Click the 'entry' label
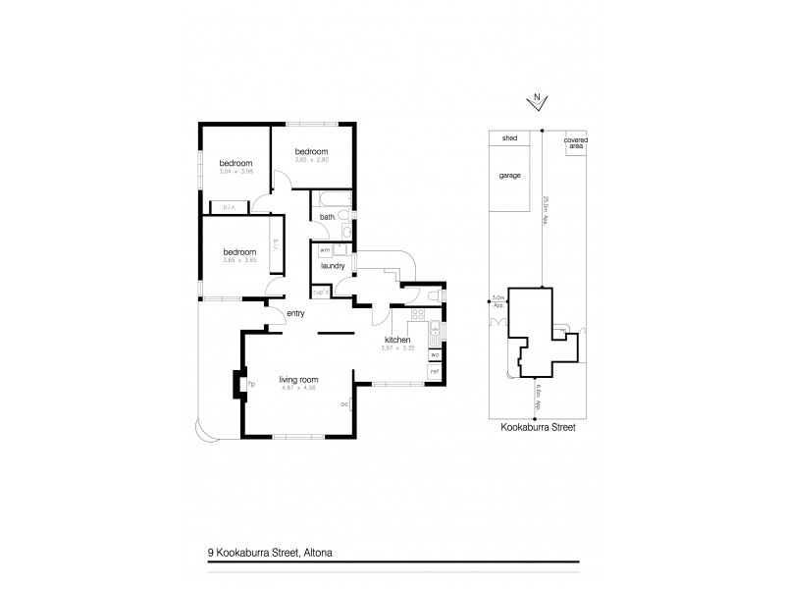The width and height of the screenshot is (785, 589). tap(295, 313)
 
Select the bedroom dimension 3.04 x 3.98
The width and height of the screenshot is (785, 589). tap(235, 173)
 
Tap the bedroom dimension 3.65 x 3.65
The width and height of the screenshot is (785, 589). tap(239, 260)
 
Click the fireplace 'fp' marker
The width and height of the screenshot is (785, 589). tap(252, 384)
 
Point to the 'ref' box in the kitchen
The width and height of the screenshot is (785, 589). tap(434, 372)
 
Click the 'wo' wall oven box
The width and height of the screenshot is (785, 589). tap(434, 354)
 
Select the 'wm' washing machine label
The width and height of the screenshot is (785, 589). tap(324, 250)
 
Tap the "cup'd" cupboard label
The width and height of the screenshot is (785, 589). tap(320, 291)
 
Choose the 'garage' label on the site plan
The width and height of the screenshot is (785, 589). tap(509, 175)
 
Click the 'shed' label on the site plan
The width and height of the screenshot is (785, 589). tap(509, 139)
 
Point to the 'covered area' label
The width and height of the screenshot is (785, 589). tap(575, 142)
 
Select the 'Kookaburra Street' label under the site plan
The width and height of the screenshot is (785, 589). tap(536, 428)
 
